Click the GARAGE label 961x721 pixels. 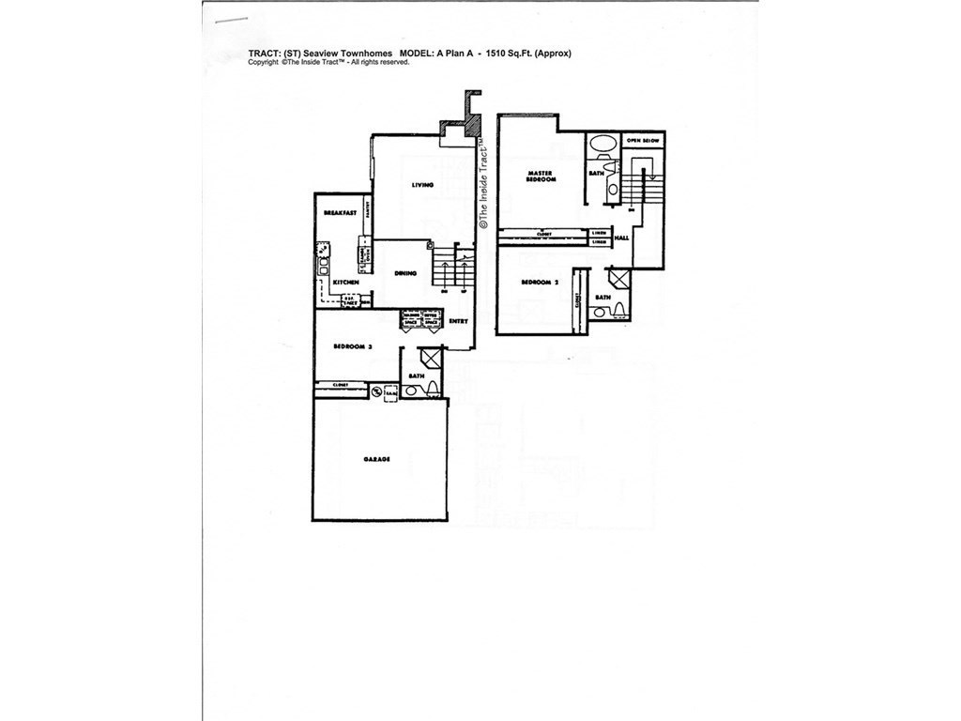376,460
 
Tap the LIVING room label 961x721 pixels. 422,185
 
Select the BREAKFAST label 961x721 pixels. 339,213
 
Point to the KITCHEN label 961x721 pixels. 345,282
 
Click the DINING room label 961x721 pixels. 405,273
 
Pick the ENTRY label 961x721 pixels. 458,322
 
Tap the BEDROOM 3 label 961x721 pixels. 354,346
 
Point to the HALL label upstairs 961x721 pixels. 622,239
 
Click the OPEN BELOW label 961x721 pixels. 644,140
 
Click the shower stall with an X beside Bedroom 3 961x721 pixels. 431,359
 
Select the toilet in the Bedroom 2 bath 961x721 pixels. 602,311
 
